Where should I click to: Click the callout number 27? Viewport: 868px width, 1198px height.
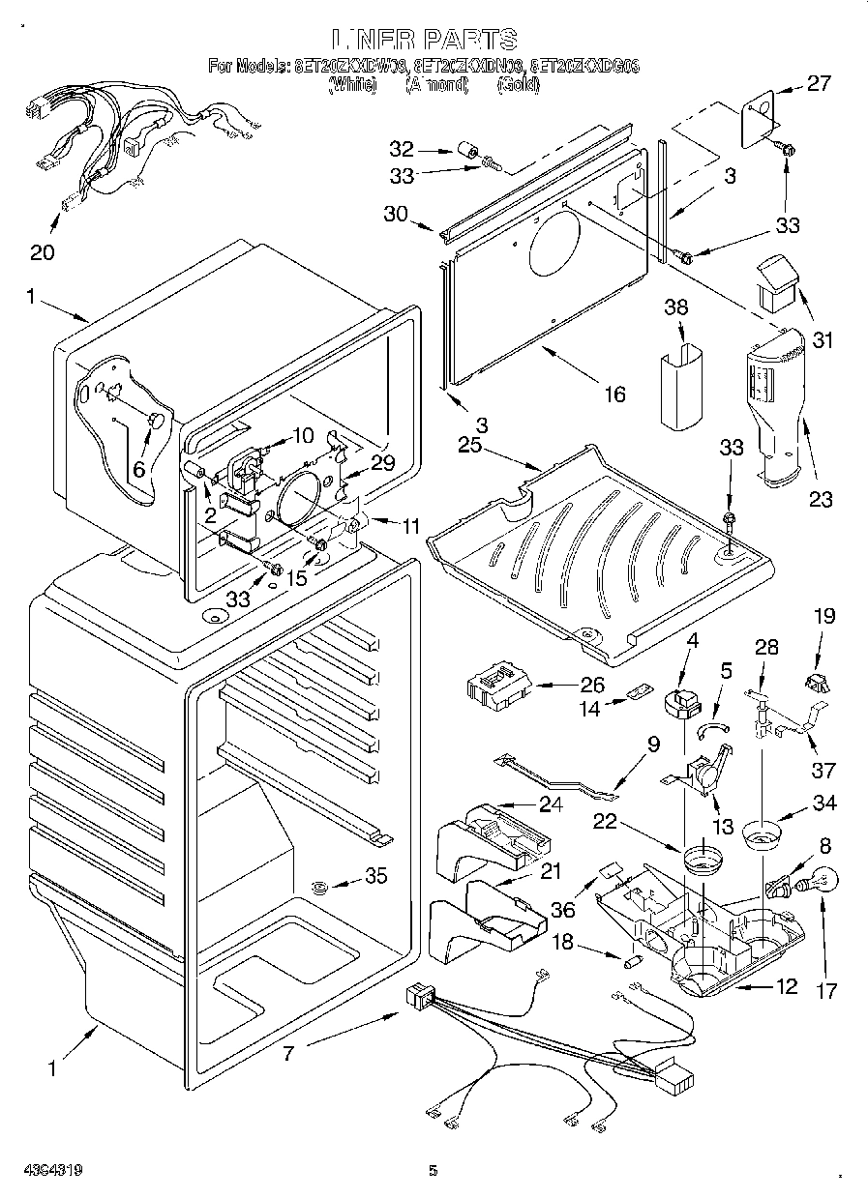(x=819, y=84)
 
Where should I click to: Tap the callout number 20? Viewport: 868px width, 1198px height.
(x=42, y=253)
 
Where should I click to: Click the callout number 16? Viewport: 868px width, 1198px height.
(x=614, y=394)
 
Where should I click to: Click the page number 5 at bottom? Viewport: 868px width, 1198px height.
(x=434, y=1171)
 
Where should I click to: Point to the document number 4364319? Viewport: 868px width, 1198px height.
(x=43, y=1170)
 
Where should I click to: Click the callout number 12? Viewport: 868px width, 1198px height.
(x=786, y=986)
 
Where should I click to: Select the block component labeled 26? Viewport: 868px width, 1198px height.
(x=498, y=687)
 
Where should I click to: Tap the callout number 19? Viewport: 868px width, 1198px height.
(x=823, y=616)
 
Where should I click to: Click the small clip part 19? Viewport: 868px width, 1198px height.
(x=816, y=683)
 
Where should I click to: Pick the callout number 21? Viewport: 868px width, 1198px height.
(x=551, y=870)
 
